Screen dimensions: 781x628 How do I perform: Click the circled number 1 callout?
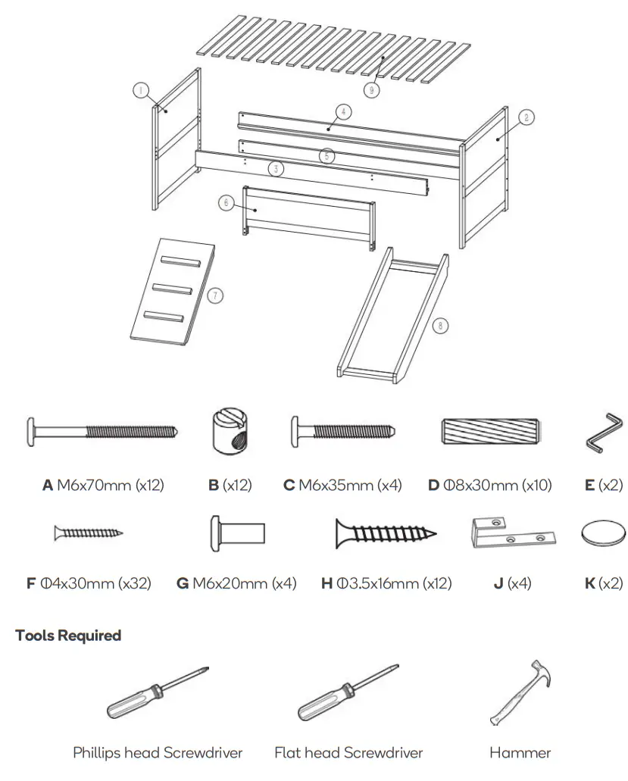click(140, 90)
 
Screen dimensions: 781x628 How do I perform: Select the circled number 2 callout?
click(527, 117)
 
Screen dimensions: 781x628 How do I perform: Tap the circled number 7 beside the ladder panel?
click(216, 295)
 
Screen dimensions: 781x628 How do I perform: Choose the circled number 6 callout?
click(225, 202)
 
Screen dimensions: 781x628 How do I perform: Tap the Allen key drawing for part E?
click(603, 430)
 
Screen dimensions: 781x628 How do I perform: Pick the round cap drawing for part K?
click(603, 534)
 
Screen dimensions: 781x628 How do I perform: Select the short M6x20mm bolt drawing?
click(236, 533)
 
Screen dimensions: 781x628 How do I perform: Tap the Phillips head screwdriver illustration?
click(158, 692)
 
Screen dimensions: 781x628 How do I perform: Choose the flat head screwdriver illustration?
click(348, 692)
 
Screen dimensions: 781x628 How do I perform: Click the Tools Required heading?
click(68, 635)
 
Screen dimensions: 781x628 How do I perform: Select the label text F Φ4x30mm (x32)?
click(89, 583)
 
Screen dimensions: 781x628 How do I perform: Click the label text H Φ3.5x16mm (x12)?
click(386, 583)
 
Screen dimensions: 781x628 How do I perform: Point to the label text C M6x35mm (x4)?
click(342, 485)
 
